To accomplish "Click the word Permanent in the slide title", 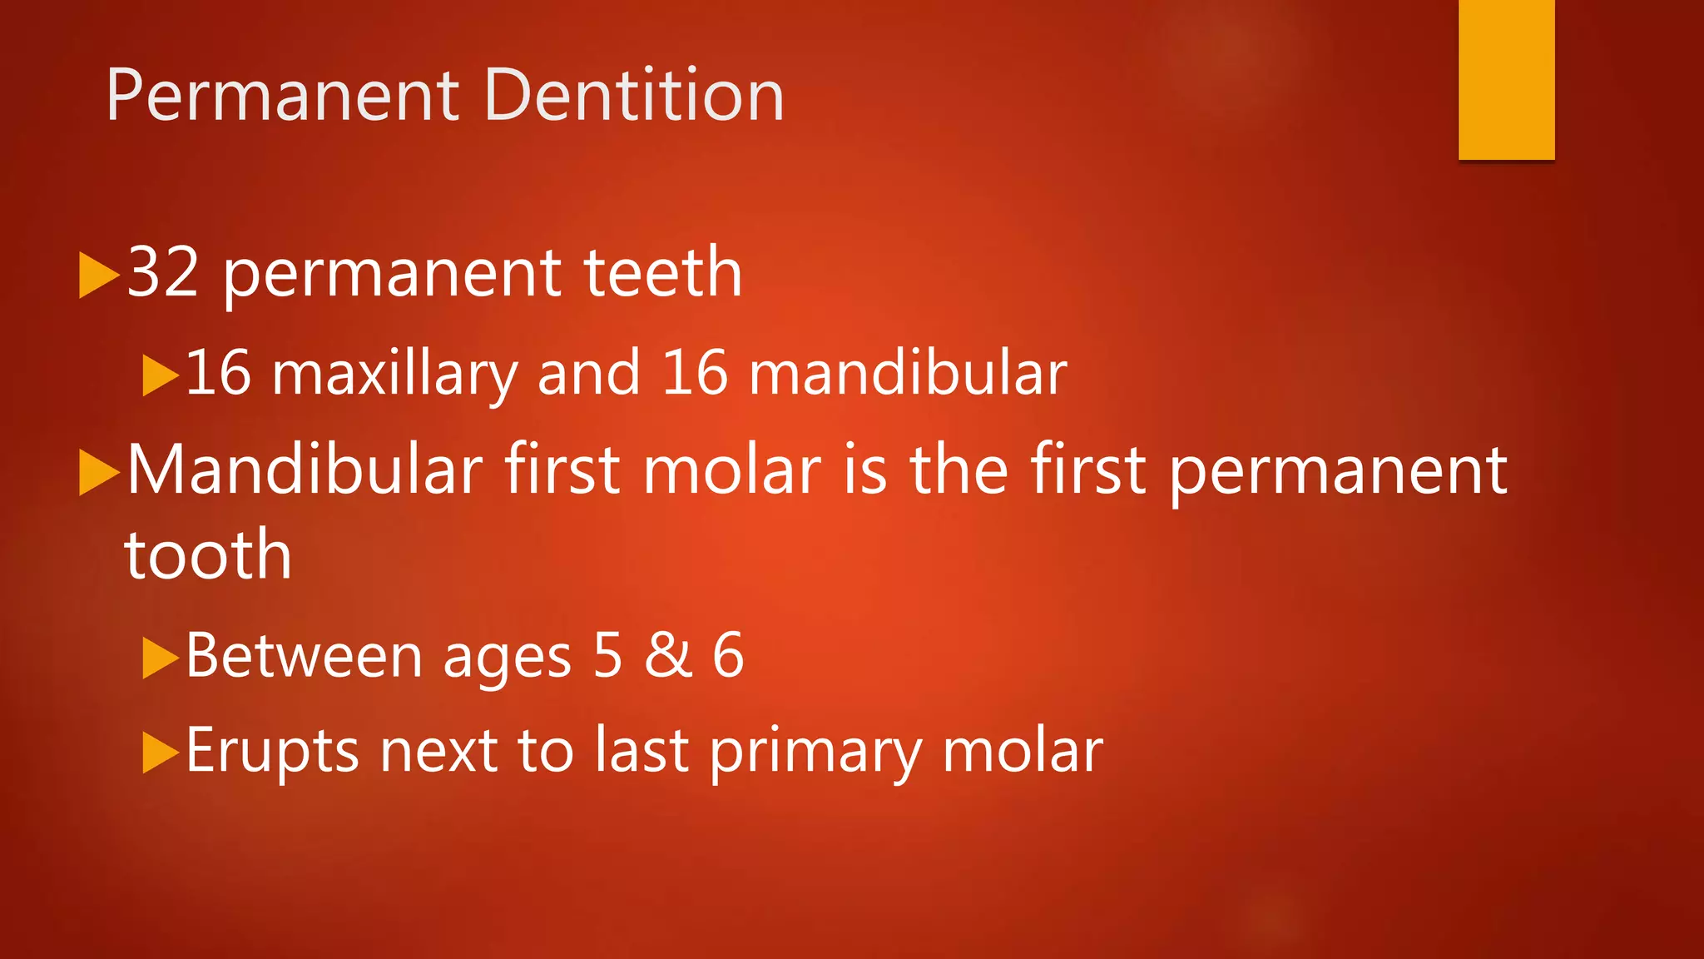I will click(283, 96).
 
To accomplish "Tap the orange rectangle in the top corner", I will click(1506, 79).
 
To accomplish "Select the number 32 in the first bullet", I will click(163, 272).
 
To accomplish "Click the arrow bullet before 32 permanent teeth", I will click(98, 275).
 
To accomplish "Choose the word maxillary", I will click(395, 374).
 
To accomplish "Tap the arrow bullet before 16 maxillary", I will click(160, 375).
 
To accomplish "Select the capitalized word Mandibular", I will click(305, 470).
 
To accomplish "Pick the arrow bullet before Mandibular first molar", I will click(98, 472).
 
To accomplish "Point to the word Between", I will click(304, 655).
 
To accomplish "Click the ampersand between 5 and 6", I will click(668, 655).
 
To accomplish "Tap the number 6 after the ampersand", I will click(728, 655).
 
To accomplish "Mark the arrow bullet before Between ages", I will click(160, 658).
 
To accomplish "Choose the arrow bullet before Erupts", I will click(160, 753).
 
